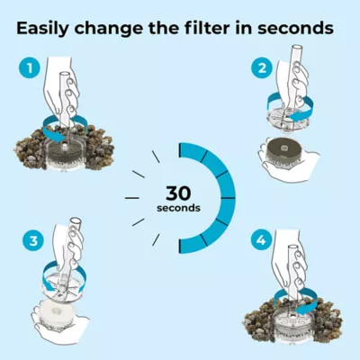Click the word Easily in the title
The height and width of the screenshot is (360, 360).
point(41,29)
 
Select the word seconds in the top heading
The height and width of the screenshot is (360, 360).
point(295,28)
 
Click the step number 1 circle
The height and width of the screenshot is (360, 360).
point(30,68)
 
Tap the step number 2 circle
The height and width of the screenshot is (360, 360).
point(262,68)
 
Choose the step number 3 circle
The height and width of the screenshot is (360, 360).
point(33,240)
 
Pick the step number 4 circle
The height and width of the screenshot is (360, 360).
point(262,240)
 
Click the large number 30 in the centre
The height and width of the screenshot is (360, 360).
point(178,193)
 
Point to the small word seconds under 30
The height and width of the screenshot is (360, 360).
point(178,208)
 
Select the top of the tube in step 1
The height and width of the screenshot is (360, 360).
point(64,74)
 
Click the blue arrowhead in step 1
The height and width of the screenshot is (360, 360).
point(60,137)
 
